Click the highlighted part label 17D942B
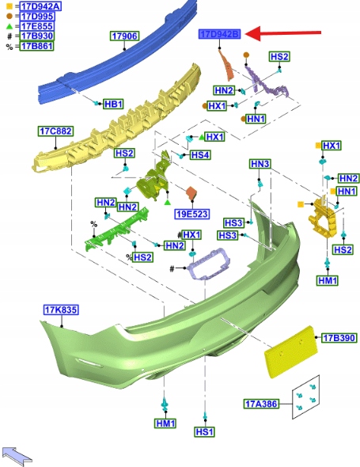point(219,34)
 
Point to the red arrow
point(283,33)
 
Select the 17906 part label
point(124,36)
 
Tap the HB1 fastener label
point(113,104)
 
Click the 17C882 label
point(55,131)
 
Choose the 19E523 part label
point(192,214)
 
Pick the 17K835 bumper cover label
point(61,309)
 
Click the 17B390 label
point(339,338)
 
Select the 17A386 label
point(261,404)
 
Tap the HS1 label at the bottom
point(205,431)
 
